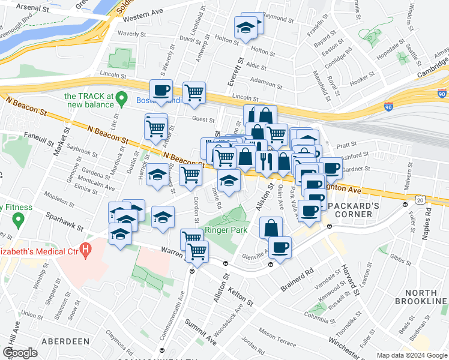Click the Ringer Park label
click(223, 230)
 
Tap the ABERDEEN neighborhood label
click(64, 341)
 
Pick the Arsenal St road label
click(33, 7)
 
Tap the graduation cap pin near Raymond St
click(245, 29)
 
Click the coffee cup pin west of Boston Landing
click(161, 91)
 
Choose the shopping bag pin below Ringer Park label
click(271, 227)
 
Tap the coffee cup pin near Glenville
click(280, 247)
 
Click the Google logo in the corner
click(20, 353)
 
